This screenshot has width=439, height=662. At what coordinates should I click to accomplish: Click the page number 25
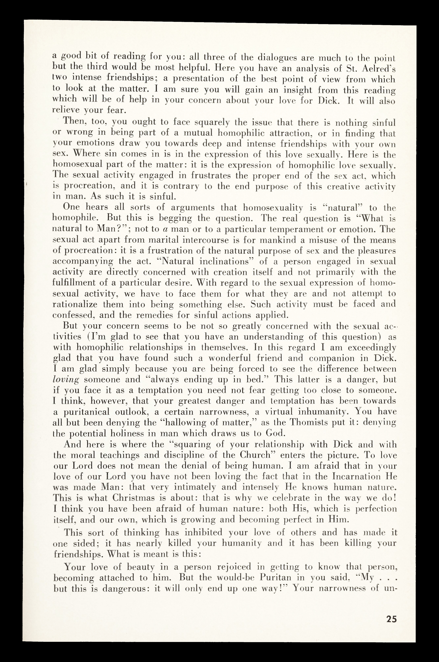pyautogui.click(x=391, y=619)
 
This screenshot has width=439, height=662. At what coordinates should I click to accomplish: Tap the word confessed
pyautogui.click(x=72, y=315)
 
